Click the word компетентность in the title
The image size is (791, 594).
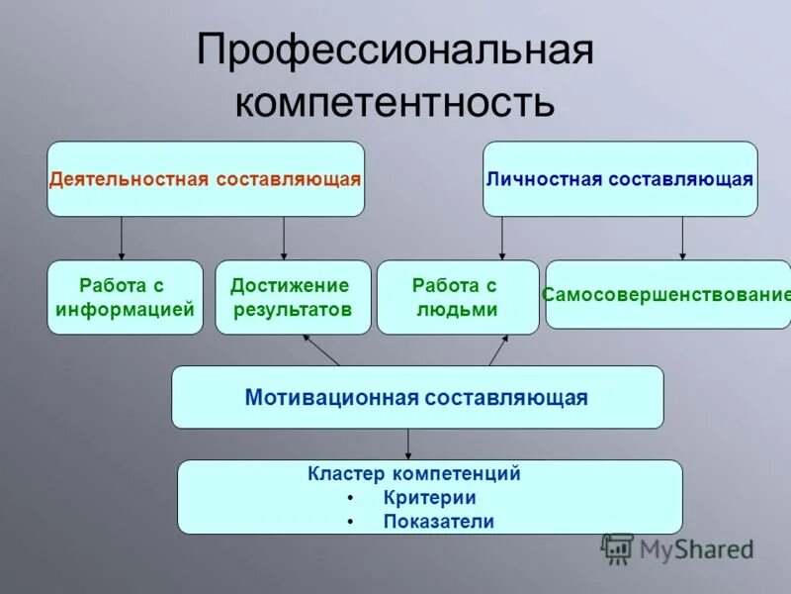point(395,102)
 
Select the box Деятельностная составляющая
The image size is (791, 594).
point(206,179)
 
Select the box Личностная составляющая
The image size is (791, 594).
point(620,179)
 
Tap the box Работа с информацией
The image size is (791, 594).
point(125,297)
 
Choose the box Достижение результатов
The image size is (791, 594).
point(293,297)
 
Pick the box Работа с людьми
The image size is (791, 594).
point(458,297)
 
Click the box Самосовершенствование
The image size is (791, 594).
point(668,295)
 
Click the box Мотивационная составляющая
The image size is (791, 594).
point(417,397)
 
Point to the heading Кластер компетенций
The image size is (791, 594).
point(428,474)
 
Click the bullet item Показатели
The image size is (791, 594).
point(438,522)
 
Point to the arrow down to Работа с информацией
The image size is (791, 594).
point(122,239)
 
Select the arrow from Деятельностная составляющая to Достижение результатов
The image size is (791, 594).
point(284,239)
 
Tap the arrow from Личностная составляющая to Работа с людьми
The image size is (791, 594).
point(502,239)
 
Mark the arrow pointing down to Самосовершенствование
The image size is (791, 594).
point(681,239)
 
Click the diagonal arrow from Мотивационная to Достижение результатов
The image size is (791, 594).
point(320,349)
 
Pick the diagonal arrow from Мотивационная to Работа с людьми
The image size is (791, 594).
point(497,349)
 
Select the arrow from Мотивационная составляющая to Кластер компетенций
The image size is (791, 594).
point(408,444)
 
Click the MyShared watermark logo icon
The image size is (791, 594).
point(618,548)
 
